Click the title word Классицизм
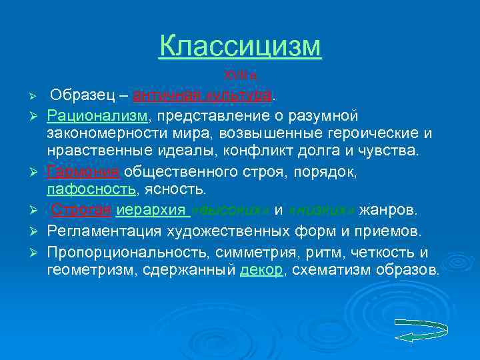coord(240,47)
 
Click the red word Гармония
coord(83,172)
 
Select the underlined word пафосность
coord(91,190)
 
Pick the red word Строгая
coord(81,211)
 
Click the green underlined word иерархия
coord(153,211)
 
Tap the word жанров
coord(388,211)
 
